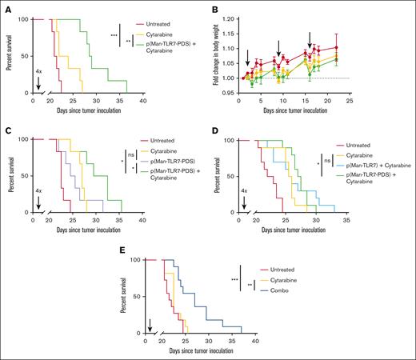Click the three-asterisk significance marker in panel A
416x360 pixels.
coord(114,35)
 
